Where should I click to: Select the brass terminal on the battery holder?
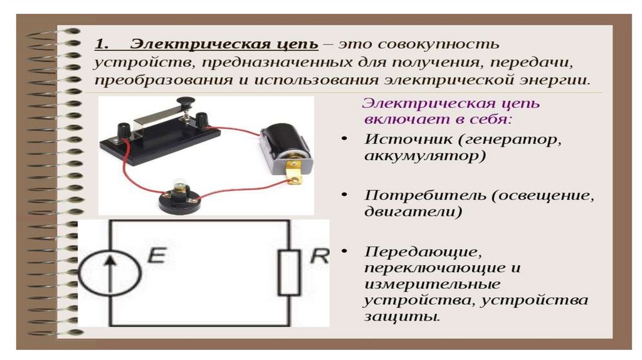[293, 172]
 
